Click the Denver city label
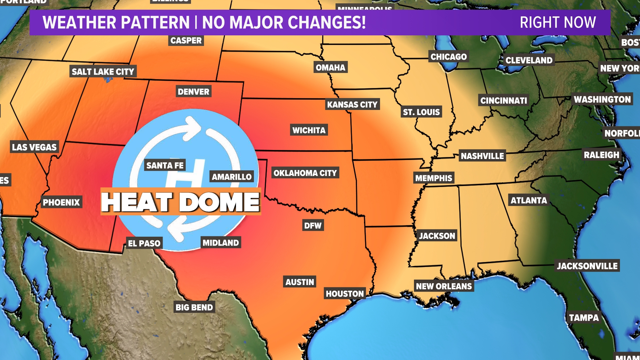[193, 92]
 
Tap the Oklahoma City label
[305, 173]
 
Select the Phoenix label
[61, 202]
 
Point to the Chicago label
[448, 57]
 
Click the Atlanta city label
[529, 200]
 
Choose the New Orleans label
[444, 286]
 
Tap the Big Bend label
[194, 307]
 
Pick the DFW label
[313, 226]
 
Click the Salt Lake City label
[103, 72]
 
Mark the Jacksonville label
[587, 266]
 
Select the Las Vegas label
[34, 147]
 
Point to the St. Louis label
[421, 112]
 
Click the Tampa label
[584, 318]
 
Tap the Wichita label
[309, 130]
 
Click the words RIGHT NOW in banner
[558, 23]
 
